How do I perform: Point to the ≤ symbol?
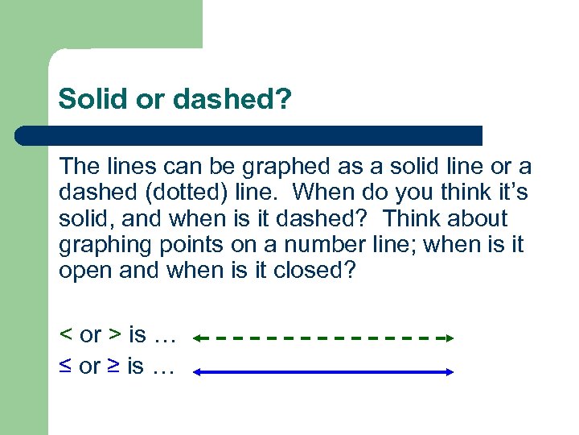[65, 367]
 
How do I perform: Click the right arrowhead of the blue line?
[450, 371]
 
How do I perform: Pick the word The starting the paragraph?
[78, 167]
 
